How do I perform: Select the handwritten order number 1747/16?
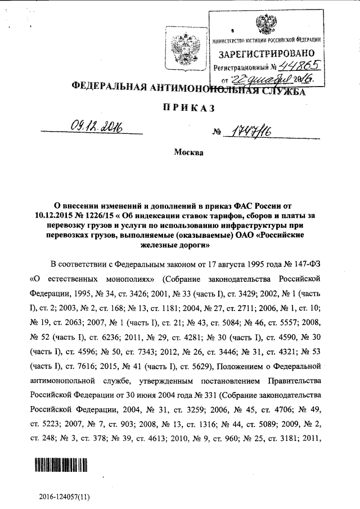click(x=245, y=132)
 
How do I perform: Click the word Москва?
click(x=188, y=153)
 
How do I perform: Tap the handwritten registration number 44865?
click(x=295, y=66)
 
